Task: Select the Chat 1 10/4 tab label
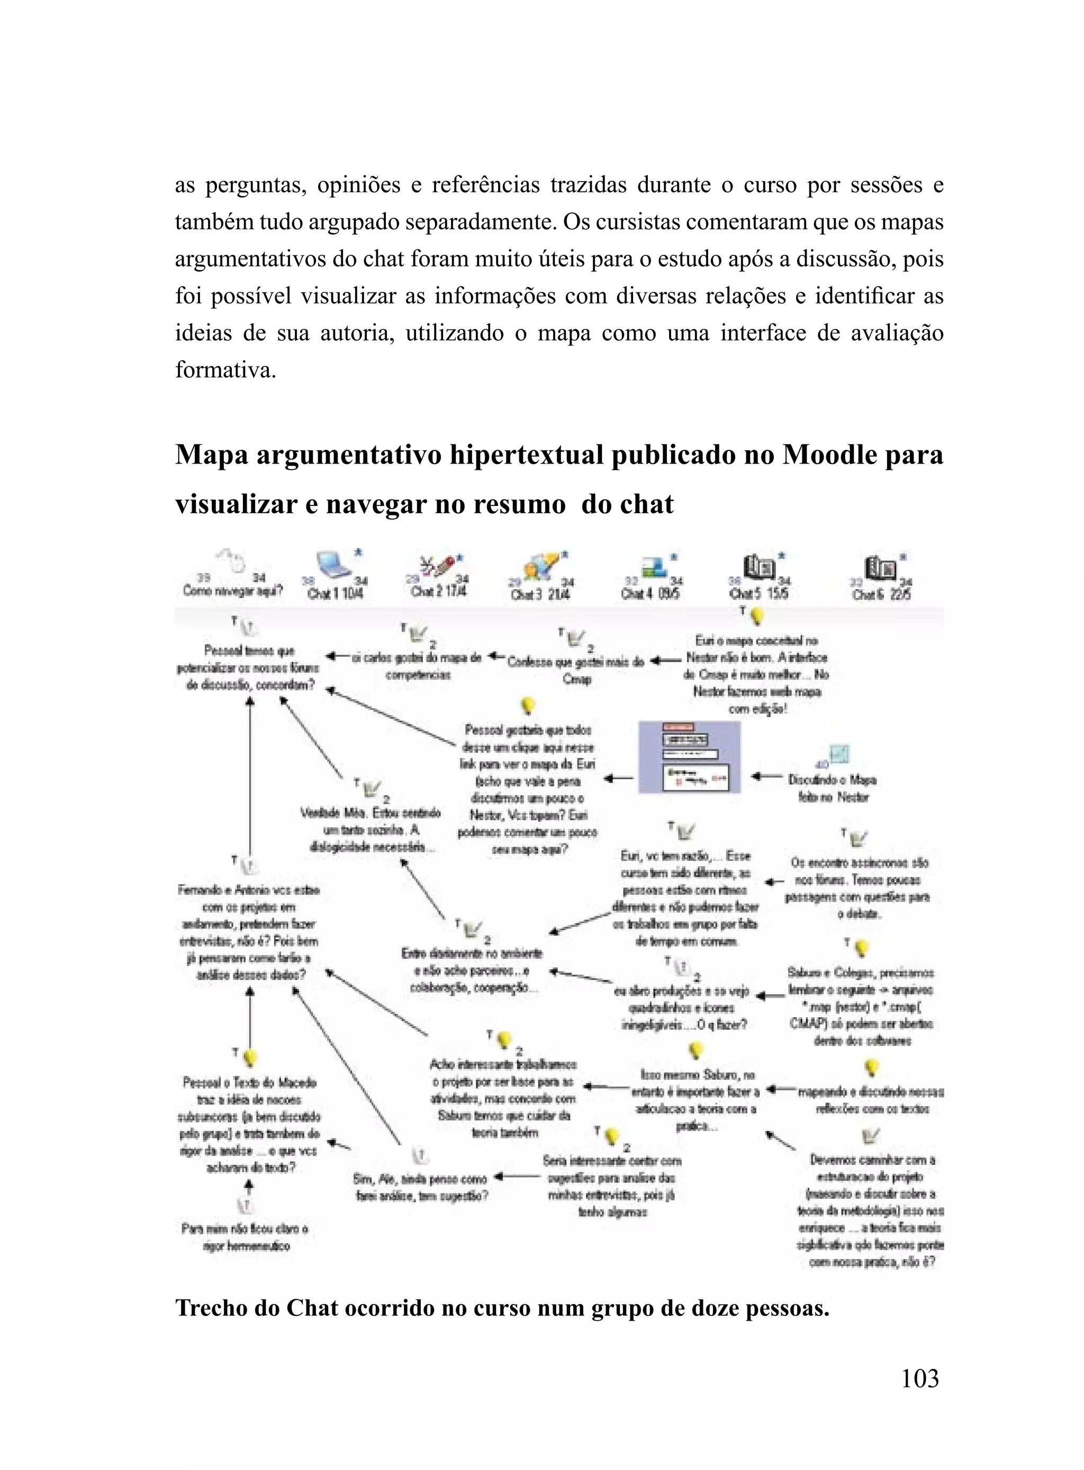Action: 335,593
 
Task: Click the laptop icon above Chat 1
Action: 335,565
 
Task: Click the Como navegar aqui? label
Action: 232,590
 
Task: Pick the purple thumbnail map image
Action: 690,757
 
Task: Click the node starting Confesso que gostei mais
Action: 575,669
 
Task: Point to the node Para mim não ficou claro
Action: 245,1237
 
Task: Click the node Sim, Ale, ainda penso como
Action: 421,1187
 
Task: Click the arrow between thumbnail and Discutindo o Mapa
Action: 766,777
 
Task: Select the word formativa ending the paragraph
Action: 225,370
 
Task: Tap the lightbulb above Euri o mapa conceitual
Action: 758,616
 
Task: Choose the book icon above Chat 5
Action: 759,567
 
